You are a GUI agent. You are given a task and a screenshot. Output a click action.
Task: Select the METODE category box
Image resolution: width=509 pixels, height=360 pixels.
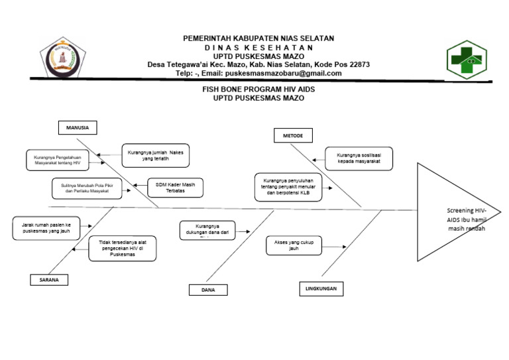click(x=293, y=136)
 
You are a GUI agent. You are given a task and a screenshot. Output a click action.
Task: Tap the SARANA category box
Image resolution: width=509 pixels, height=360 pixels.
click(x=49, y=280)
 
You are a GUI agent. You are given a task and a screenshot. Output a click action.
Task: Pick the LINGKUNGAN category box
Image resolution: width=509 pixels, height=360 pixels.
click(x=321, y=289)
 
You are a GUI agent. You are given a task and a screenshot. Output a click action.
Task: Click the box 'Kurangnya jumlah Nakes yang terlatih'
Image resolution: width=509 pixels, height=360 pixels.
click(x=155, y=155)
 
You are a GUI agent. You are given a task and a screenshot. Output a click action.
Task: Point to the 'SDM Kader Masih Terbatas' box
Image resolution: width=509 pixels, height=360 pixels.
click(x=174, y=188)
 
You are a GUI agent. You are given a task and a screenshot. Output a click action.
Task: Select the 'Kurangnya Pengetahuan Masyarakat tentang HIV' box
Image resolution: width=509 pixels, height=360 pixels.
click(x=58, y=160)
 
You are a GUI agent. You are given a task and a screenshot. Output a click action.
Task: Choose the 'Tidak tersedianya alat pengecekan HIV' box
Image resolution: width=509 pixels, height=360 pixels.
click(x=122, y=249)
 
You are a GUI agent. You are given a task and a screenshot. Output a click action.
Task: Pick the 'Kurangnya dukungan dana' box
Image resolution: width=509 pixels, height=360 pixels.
click(x=207, y=230)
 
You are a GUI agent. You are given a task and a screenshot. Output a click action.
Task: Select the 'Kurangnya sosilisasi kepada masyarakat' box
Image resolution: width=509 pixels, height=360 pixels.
click(x=359, y=158)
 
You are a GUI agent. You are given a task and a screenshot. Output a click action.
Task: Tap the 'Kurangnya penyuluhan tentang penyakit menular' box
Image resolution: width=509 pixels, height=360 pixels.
click(x=287, y=187)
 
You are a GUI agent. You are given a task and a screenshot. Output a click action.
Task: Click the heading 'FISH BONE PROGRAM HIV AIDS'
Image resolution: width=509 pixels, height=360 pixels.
click(x=258, y=88)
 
